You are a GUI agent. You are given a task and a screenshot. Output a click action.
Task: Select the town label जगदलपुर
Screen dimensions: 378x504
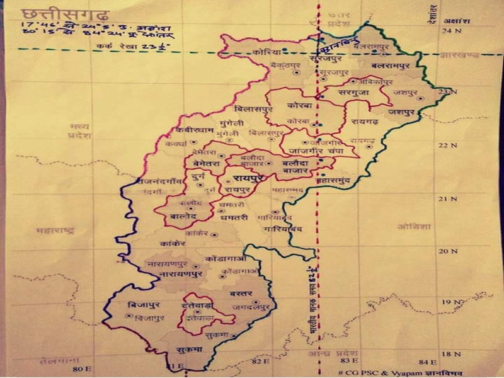(251, 307)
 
